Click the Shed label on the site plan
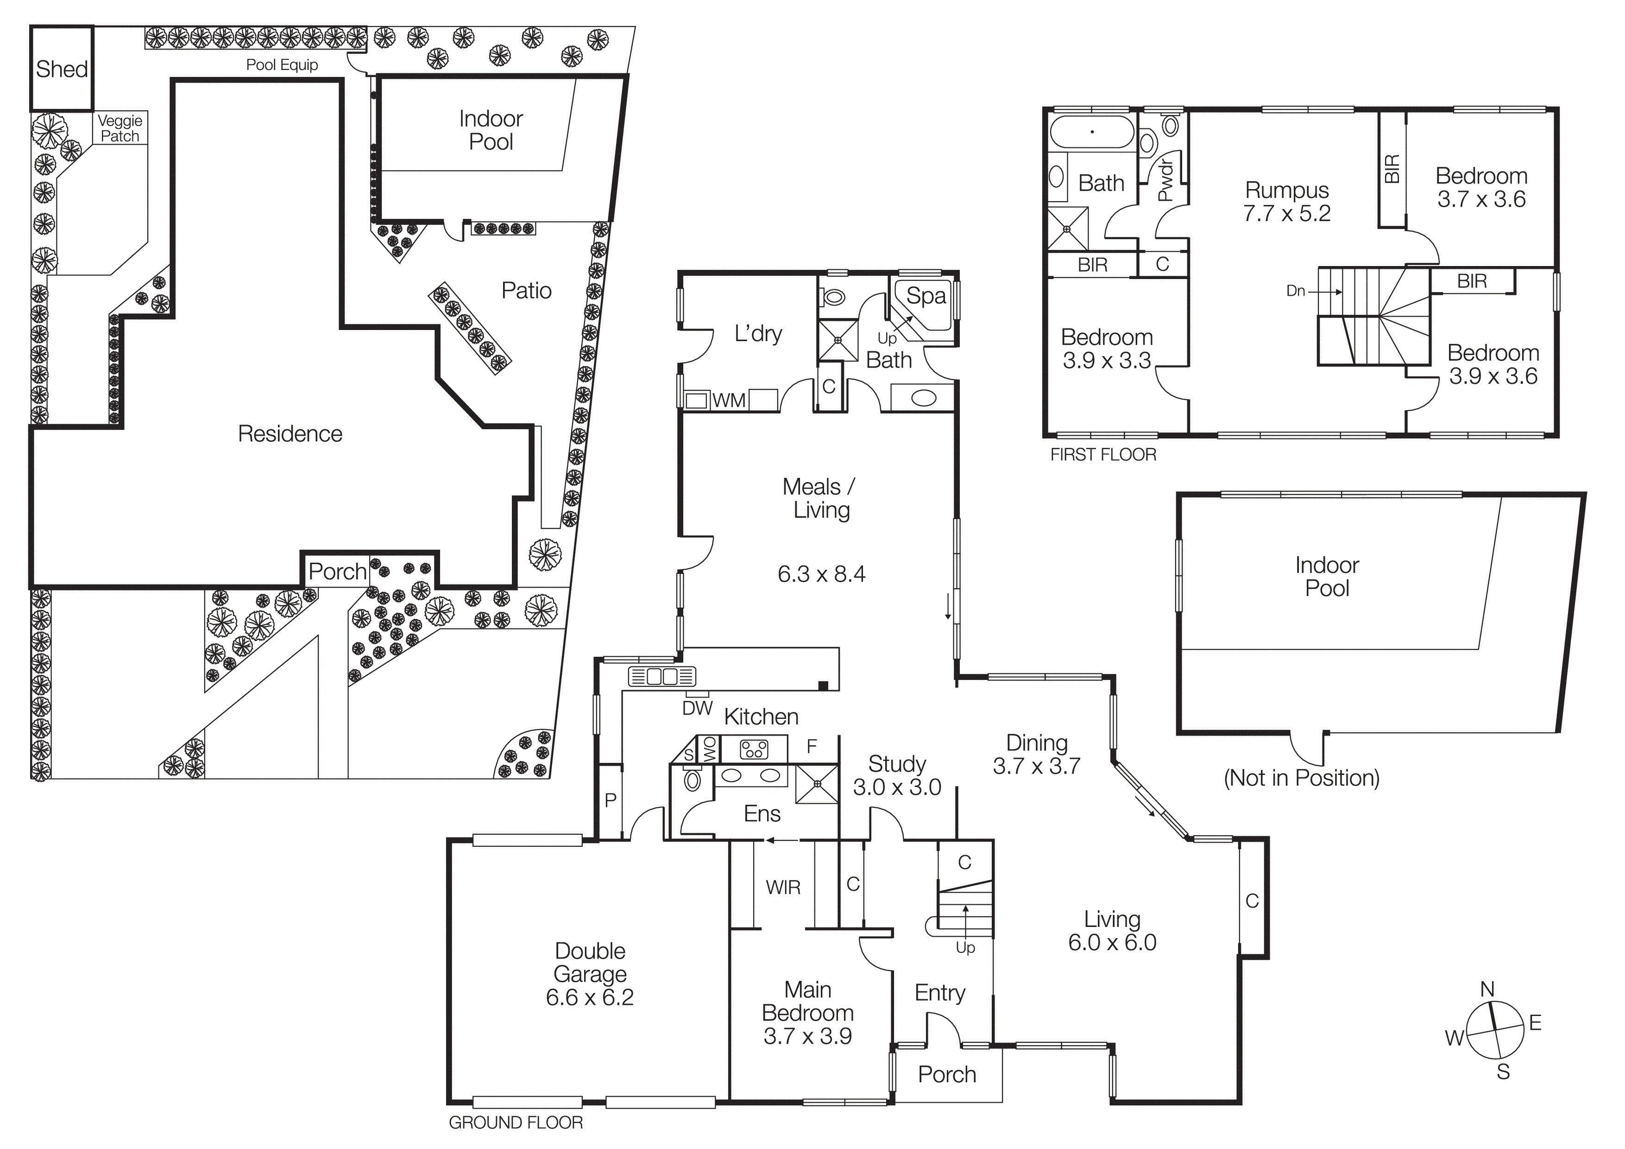tap(62, 70)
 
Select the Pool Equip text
tap(282, 65)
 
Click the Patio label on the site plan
tap(526, 290)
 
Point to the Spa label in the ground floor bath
tap(926, 296)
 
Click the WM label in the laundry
tap(729, 401)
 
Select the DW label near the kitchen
tap(697, 708)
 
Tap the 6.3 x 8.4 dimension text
tap(821, 573)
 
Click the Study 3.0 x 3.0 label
tap(897, 775)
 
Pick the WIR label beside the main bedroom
tap(783, 887)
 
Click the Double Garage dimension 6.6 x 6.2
tap(590, 997)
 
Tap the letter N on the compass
tap(1487, 989)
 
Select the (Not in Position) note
tap(1301, 778)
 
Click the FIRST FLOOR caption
tap(1102, 455)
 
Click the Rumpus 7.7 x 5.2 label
tap(1287, 202)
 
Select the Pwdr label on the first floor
tap(1165, 180)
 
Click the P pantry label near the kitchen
tap(610, 800)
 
